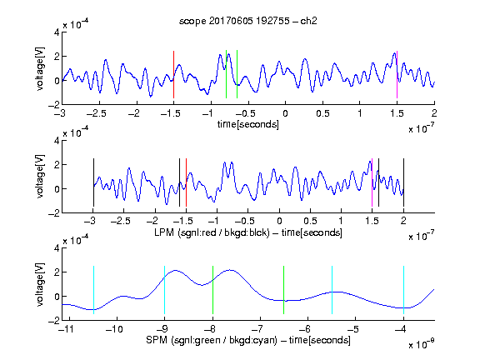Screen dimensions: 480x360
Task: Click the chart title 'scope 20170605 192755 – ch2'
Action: [248, 21]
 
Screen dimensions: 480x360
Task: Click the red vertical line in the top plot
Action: [173, 74]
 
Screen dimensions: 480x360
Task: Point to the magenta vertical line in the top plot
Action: [397, 74]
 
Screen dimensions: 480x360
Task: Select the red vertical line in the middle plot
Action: [186, 182]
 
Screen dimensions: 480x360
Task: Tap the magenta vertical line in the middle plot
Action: [372, 182]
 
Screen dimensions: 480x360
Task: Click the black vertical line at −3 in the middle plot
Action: [93, 182]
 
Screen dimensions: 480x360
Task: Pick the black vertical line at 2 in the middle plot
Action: [403, 182]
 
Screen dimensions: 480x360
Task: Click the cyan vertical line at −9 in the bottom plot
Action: [164, 290]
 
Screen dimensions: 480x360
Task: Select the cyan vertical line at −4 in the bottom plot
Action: [403, 290]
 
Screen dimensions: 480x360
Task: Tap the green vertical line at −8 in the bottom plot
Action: [212, 290]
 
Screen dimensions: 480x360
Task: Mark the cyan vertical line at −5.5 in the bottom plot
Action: [332, 290]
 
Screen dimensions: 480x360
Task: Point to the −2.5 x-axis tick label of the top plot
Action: [97, 113]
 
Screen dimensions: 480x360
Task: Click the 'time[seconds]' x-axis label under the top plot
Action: [248, 124]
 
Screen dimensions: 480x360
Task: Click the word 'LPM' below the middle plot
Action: [164, 232]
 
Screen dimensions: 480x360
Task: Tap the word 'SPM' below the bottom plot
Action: [157, 340]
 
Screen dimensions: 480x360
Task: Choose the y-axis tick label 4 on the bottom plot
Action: [57, 248]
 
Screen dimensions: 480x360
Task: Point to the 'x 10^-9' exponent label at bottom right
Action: [421, 343]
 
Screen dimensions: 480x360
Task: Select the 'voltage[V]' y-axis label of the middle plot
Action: [40, 177]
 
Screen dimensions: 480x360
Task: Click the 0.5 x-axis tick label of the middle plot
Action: [310, 221]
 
